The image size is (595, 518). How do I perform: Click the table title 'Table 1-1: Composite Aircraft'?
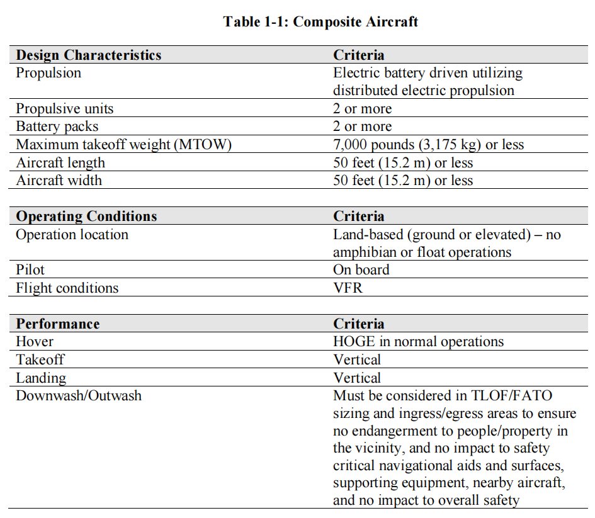pyautogui.click(x=320, y=22)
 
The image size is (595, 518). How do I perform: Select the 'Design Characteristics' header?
pyautogui.click(x=89, y=55)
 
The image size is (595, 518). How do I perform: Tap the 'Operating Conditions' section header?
pyautogui.click(x=86, y=217)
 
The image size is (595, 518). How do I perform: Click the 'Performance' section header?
pyautogui.click(x=58, y=324)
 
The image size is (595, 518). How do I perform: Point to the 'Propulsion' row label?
pyautogui.click(x=48, y=73)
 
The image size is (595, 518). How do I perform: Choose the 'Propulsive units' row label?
pyautogui.click(x=65, y=109)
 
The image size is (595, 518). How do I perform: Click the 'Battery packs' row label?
pyautogui.click(x=57, y=127)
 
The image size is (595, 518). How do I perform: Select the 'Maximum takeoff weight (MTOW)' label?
pyautogui.click(x=124, y=145)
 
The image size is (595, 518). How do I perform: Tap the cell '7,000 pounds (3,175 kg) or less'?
pyautogui.click(x=428, y=145)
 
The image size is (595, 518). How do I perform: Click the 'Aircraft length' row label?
pyautogui.click(x=60, y=163)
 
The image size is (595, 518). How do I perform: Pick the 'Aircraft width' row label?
pyautogui.click(x=59, y=181)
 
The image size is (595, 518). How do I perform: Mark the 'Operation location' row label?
pyautogui.click(x=72, y=235)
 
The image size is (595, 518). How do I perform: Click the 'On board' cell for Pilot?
pyautogui.click(x=361, y=270)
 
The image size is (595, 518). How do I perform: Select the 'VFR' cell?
pyautogui.click(x=348, y=288)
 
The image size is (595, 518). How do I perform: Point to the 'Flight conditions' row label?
pyautogui.click(x=67, y=288)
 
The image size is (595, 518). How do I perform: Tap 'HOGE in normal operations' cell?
pyautogui.click(x=418, y=342)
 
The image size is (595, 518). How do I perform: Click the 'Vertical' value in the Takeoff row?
pyautogui.click(x=357, y=360)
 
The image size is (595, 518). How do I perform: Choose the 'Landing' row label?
pyautogui.click(x=41, y=378)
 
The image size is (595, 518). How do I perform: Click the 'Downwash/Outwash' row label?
pyautogui.click(x=79, y=396)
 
